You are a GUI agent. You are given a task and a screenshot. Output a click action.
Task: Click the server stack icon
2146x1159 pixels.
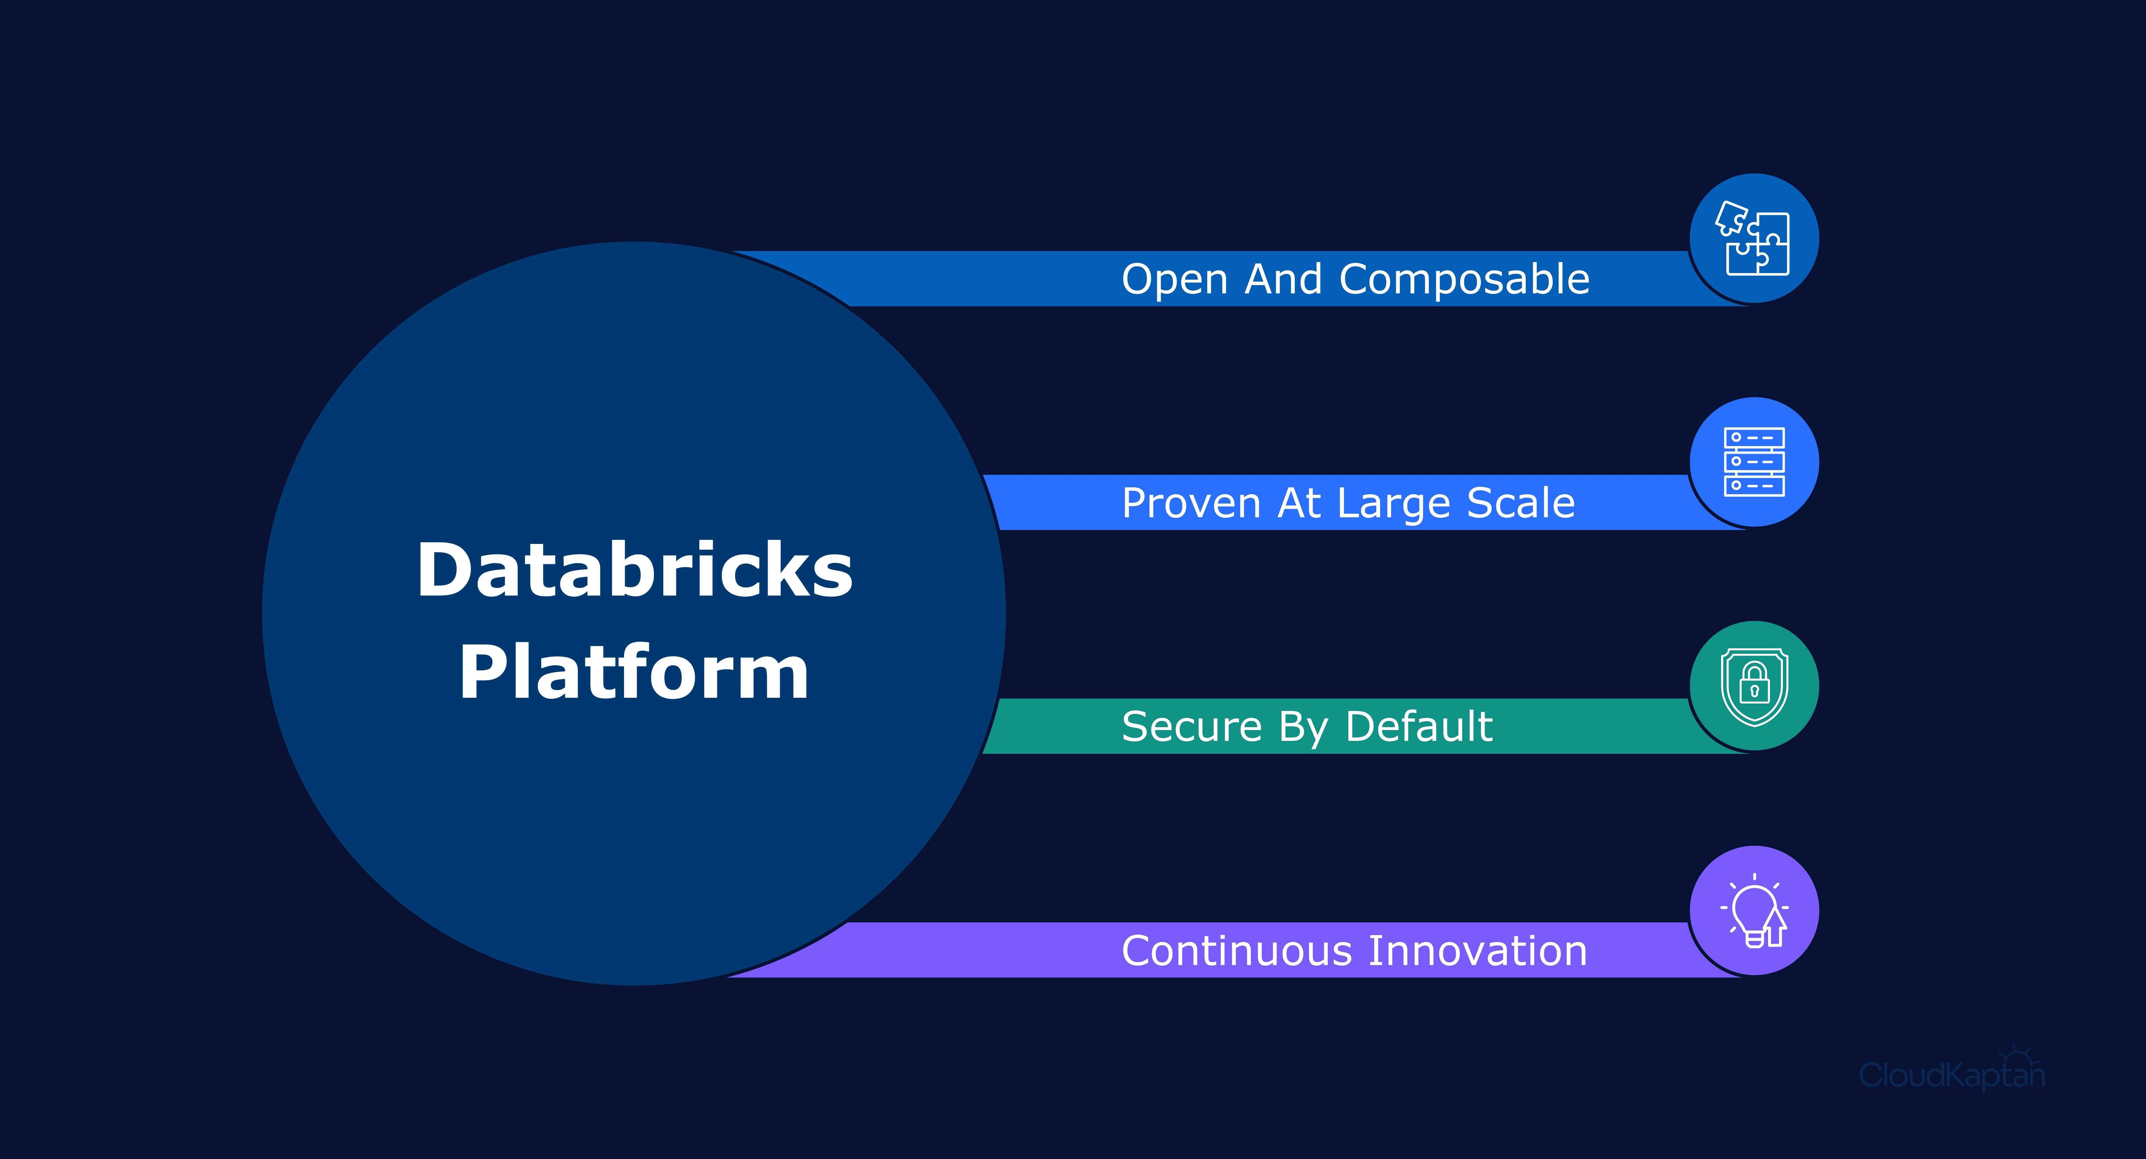[1753, 462]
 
